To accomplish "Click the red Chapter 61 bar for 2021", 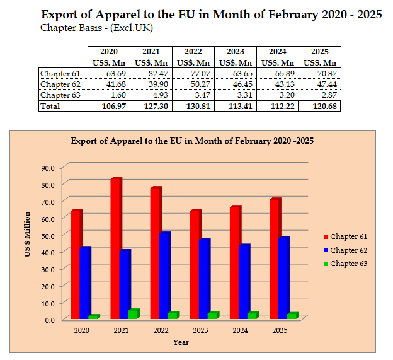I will click(115, 248).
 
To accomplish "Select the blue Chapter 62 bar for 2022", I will click(164, 276).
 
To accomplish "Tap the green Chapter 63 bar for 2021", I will click(132, 314).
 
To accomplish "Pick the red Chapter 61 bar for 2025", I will click(274, 258).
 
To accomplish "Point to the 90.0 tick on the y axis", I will click(48, 168).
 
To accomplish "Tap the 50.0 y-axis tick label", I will click(48, 235).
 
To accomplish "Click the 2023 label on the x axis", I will click(200, 330).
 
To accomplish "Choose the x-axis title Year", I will click(181, 342).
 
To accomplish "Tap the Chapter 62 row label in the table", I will click(57, 84).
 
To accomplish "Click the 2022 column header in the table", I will click(193, 51).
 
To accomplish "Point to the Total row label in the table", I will click(50, 105).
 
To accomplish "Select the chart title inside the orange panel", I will click(192, 141).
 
